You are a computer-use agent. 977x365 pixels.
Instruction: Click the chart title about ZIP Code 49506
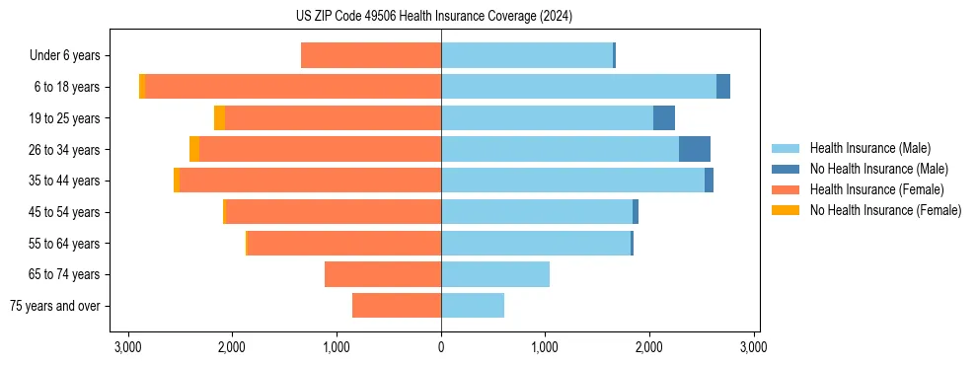click(440, 16)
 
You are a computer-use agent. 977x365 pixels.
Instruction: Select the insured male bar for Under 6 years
click(527, 56)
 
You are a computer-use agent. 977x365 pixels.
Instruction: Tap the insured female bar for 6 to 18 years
click(293, 87)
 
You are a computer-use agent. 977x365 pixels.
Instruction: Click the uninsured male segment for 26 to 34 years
click(694, 149)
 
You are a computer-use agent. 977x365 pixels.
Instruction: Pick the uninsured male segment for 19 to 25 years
click(663, 118)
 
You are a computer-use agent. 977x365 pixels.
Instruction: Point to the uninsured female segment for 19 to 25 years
click(219, 118)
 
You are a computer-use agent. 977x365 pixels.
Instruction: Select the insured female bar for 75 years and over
click(397, 306)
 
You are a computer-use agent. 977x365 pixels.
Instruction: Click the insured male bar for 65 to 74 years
click(494, 274)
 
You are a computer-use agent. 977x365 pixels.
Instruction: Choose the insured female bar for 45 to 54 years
click(334, 212)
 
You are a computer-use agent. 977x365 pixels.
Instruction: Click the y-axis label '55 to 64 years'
click(64, 244)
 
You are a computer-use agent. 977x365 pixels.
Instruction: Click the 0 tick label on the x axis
click(441, 347)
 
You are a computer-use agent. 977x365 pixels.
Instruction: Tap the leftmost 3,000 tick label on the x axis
click(127, 347)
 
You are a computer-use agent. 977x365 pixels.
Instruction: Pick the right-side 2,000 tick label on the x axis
click(649, 347)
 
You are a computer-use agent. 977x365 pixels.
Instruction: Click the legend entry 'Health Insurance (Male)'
click(869, 148)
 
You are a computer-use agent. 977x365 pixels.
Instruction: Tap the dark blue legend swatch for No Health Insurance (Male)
click(787, 169)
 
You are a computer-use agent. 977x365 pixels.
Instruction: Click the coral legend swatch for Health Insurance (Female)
click(787, 189)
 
